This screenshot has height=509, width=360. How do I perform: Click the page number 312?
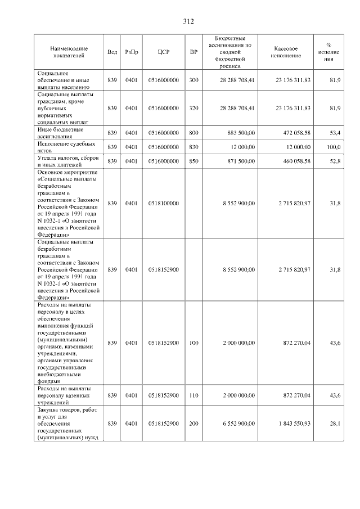[x=188, y=21]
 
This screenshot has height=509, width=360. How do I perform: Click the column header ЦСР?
[x=164, y=52]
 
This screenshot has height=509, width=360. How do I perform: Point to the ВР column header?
[x=193, y=52]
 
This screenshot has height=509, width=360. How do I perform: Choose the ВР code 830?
[x=193, y=147]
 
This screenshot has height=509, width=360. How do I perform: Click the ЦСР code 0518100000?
[x=164, y=203]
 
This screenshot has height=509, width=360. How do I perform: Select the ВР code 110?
[x=193, y=395]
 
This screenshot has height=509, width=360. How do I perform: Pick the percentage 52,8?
[x=335, y=161]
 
